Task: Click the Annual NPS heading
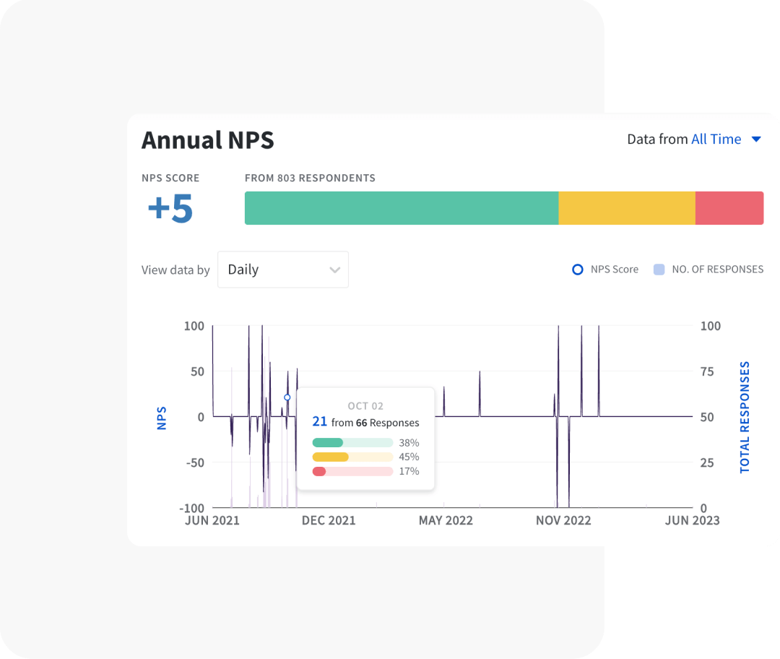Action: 208,140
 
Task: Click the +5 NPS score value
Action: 170,208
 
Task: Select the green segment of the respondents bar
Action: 401,208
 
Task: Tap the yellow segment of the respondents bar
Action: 626,208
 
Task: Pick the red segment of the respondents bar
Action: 729,208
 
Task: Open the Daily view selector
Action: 283,270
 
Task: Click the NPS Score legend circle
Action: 578,270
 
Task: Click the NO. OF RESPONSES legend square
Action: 659,270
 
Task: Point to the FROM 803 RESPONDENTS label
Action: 310,178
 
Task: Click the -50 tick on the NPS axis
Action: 191,462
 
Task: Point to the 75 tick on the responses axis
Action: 707,371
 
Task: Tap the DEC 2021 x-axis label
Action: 329,520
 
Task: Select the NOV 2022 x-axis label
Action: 563,520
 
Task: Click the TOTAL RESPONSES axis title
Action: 745,417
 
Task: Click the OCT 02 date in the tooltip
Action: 365,406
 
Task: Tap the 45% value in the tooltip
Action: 409,457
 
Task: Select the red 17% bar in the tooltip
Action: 319,471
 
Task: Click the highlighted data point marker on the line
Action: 287,397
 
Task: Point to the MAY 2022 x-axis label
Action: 446,520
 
